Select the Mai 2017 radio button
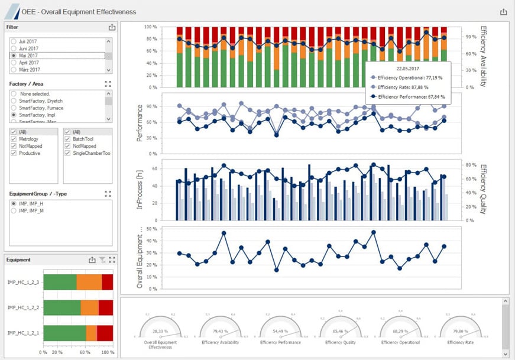(14, 56)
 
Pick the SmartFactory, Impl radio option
(14, 116)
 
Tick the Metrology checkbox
(14, 139)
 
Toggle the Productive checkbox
(14, 153)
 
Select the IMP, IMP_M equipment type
(14, 210)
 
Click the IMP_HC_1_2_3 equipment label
(22, 283)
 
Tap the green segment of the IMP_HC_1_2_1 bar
(64, 334)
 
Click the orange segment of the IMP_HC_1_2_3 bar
(89, 283)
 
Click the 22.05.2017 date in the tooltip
(408, 68)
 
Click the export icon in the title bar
(504, 12)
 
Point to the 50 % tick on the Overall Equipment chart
(151, 228)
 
